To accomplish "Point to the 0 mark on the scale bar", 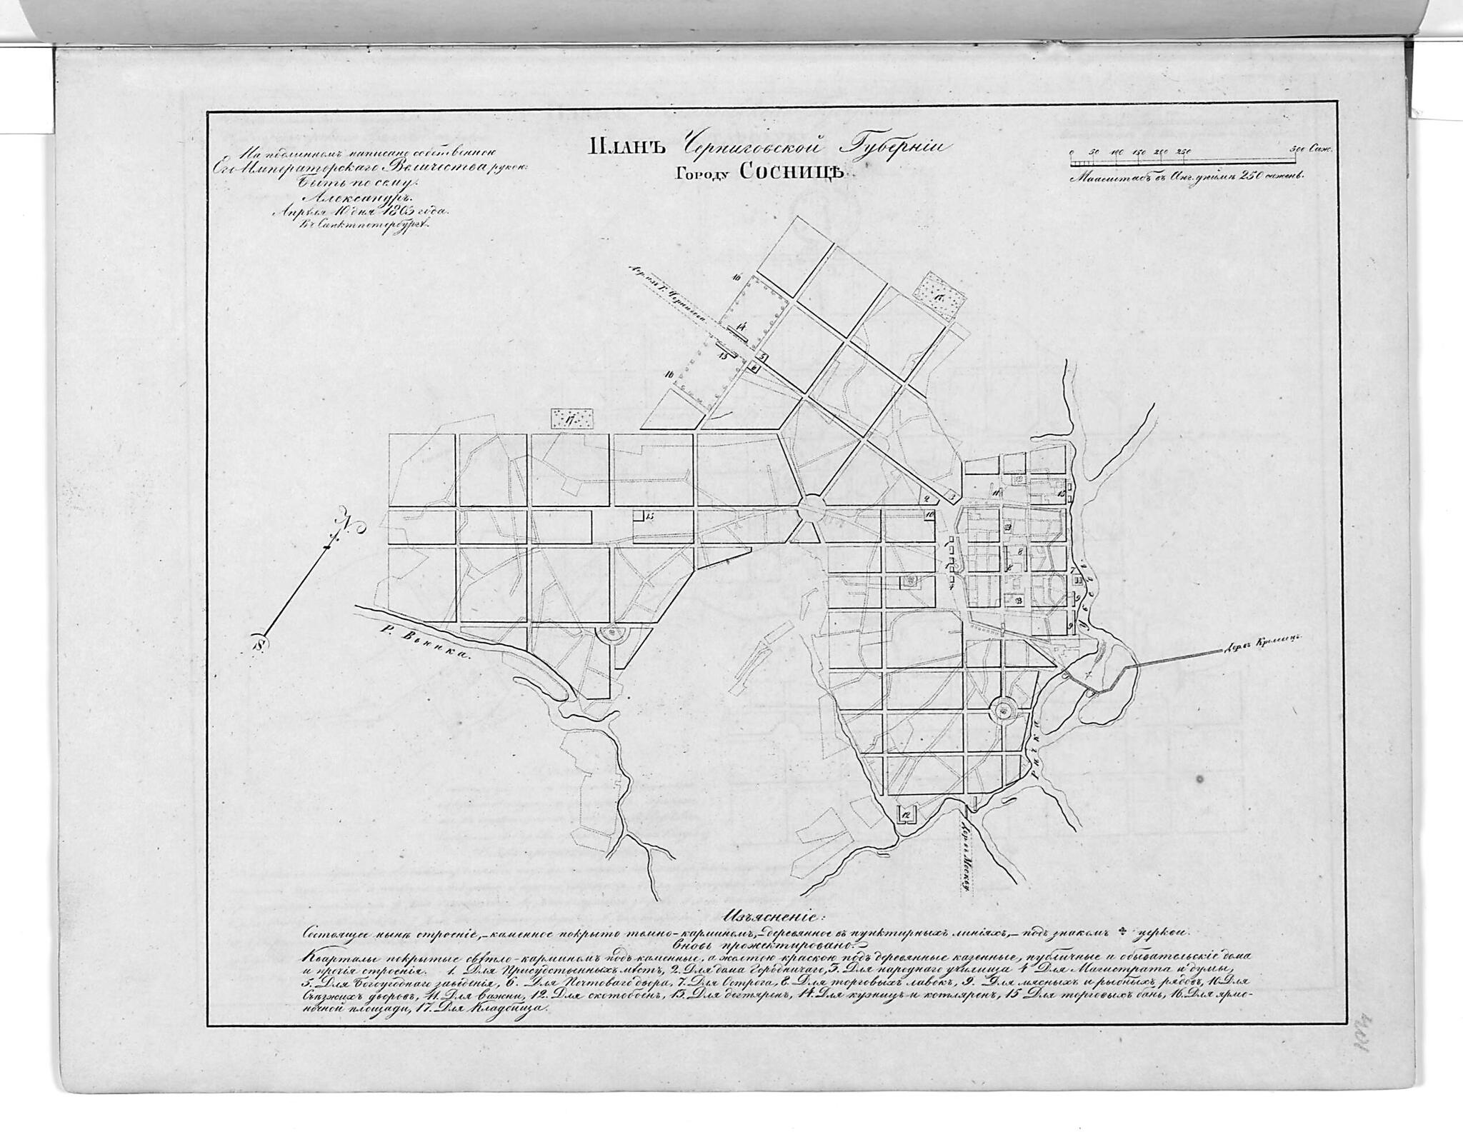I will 1072,152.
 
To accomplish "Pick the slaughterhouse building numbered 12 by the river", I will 906,813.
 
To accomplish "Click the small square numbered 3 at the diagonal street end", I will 764,356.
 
